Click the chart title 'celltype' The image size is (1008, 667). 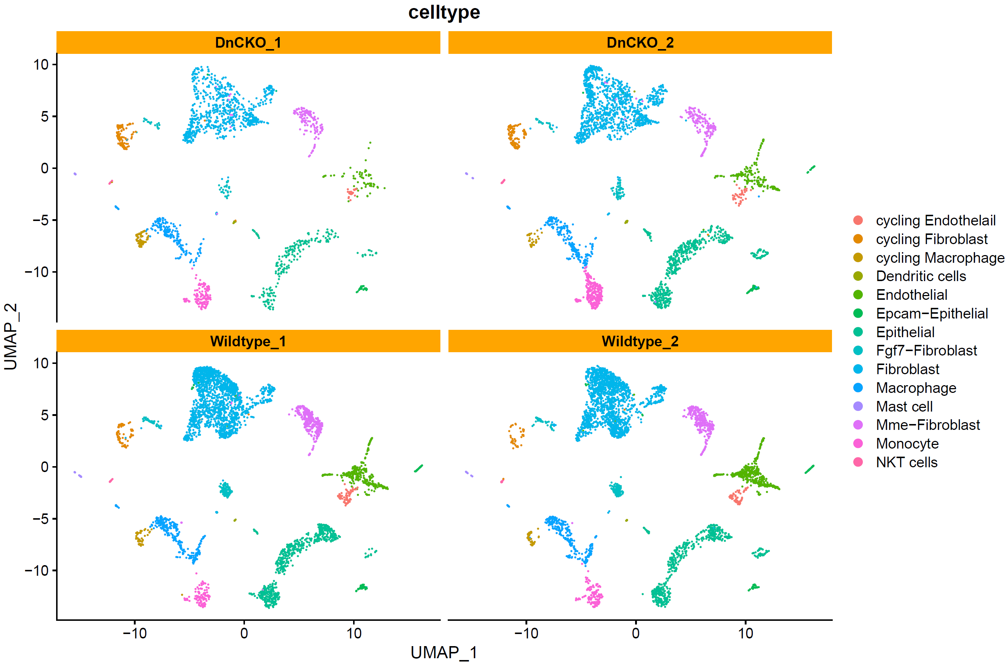coord(444,12)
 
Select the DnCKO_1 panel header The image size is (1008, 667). coord(248,43)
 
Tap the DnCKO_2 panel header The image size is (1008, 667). coord(640,43)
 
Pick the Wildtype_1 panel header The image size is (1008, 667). coord(248,341)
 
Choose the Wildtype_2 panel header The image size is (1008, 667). coord(640,341)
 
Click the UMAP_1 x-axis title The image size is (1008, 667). coord(444,652)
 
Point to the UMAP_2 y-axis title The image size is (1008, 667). coord(11,336)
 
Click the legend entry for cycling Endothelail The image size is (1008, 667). coord(936,220)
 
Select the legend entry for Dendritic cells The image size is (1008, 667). coord(921,276)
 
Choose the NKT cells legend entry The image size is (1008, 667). coord(906,462)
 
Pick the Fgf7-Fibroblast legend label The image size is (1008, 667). coord(926,350)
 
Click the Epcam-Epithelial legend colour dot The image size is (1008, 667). coord(858,313)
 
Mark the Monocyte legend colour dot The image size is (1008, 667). coord(858,444)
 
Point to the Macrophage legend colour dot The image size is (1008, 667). coord(858,387)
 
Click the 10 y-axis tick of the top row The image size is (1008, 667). coord(41,65)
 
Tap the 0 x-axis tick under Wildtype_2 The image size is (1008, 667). coord(636,633)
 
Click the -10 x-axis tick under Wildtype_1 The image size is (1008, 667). coord(135,633)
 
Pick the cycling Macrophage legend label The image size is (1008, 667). coord(940,258)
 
